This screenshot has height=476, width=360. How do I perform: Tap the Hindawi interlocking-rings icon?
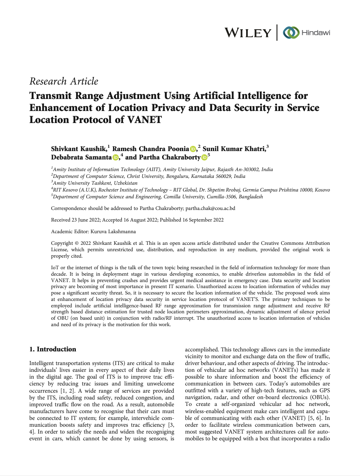(291, 33)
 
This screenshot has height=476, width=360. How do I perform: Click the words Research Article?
(64, 81)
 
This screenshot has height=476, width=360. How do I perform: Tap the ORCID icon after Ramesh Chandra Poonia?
(193, 149)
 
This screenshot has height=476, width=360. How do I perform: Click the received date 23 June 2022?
(84, 220)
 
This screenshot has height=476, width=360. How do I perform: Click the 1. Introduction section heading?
(53, 349)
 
